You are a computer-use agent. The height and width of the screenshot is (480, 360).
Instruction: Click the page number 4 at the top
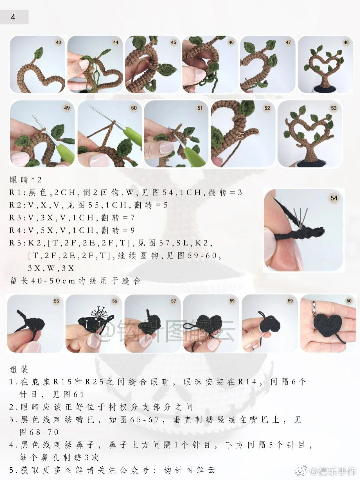pos(13,17)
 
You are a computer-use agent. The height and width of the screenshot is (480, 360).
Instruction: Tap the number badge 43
pos(58,42)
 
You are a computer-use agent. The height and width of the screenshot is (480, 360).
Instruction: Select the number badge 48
pos(346,42)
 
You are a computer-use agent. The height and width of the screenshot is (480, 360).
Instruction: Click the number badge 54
pos(334,198)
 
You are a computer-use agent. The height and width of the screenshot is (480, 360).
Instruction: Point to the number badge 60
pos(349,301)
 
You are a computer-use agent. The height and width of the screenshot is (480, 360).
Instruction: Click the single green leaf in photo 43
pos(39,53)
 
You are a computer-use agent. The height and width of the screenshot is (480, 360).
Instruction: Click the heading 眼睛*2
pos(26,180)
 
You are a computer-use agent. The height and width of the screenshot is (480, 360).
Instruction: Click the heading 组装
pos(19,369)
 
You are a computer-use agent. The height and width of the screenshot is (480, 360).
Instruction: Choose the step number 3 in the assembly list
pos(12,420)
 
